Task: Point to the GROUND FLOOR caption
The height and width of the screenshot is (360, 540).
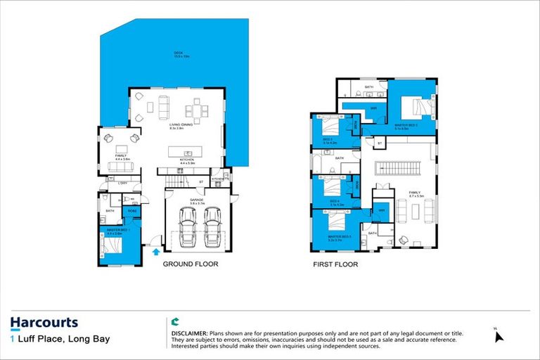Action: coord(191,265)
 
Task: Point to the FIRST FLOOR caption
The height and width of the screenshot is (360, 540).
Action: coord(335,265)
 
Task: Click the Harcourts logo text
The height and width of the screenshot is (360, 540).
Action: coord(44,323)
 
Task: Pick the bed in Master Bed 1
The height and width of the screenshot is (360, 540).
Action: coord(112,245)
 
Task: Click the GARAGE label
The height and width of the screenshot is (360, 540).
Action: coord(196,200)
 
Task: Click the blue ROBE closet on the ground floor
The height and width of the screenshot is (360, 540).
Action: coord(131,211)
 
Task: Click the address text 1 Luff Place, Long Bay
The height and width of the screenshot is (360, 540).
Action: coord(51,340)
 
